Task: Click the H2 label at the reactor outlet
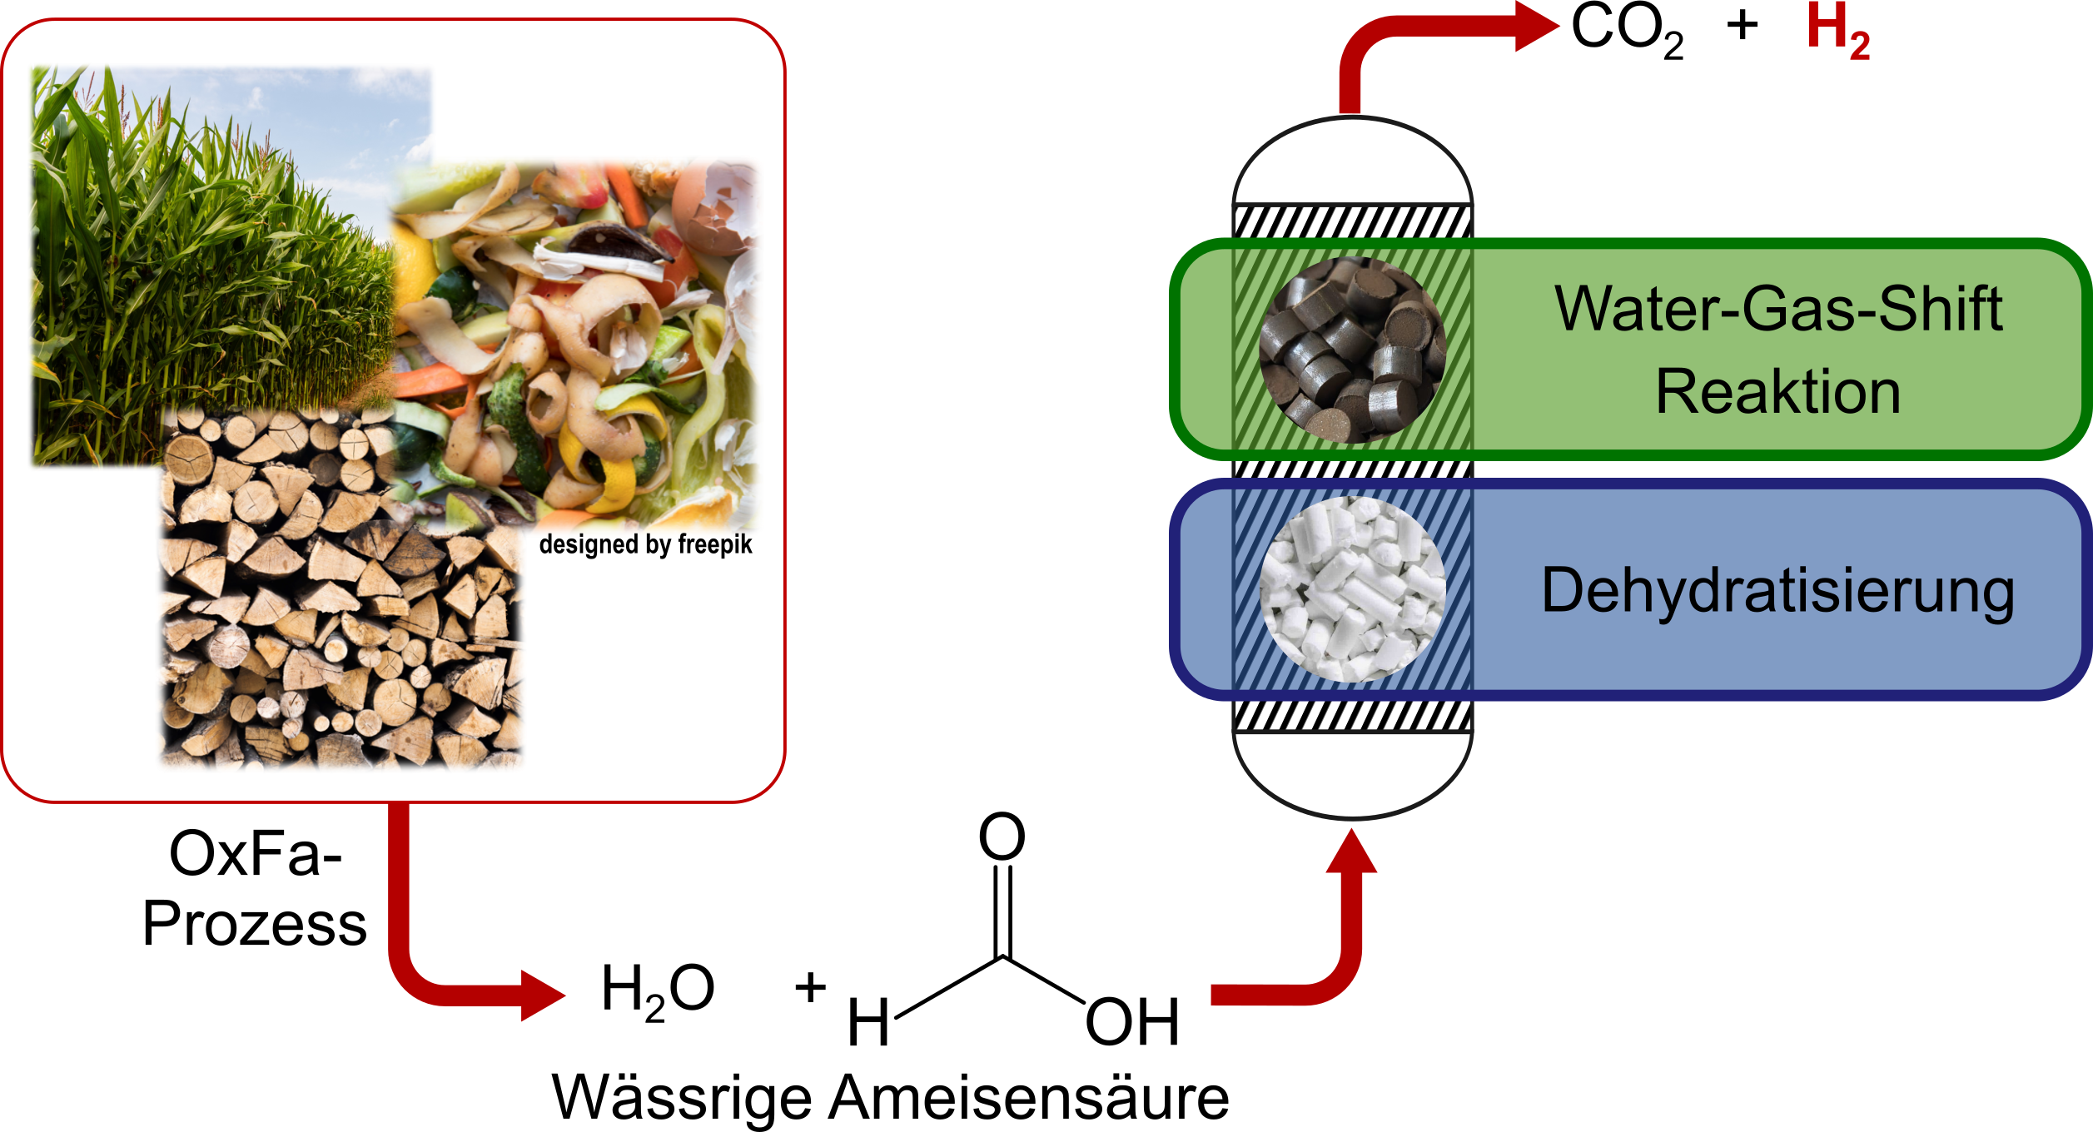click(1837, 31)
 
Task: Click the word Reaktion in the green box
click(1777, 392)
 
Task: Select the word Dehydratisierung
click(1777, 591)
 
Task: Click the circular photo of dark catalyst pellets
click(1352, 350)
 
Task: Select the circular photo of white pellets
click(1352, 589)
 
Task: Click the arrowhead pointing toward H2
click(1536, 26)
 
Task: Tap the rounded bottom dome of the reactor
click(1352, 778)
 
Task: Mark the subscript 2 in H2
click(1860, 45)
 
